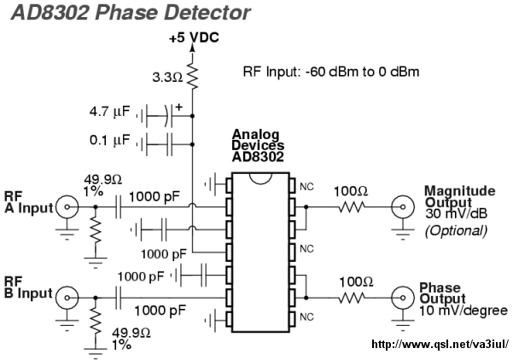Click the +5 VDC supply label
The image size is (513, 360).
coord(194,38)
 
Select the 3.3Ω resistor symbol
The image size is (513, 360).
coord(192,77)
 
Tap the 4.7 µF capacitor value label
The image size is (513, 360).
coord(109,112)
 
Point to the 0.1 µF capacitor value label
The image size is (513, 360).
coord(109,140)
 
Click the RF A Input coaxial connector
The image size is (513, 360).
coord(67,207)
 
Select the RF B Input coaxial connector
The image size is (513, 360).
coord(67,298)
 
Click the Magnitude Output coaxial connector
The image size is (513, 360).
coord(403,207)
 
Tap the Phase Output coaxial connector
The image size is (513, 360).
coord(403,298)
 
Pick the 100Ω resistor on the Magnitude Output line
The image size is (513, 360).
coord(352,207)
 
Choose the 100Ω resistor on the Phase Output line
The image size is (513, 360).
coord(352,298)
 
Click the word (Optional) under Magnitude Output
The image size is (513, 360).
coord(456,231)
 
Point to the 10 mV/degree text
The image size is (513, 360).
coord(463,311)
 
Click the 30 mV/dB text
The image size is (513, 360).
coord(456,214)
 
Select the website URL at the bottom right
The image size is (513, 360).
coord(440,344)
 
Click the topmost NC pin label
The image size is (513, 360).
coord(306,187)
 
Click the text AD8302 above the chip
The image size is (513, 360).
coord(258,157)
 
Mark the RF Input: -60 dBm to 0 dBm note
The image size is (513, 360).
coord(331,72)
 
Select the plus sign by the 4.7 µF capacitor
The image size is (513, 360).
coord(178,107)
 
